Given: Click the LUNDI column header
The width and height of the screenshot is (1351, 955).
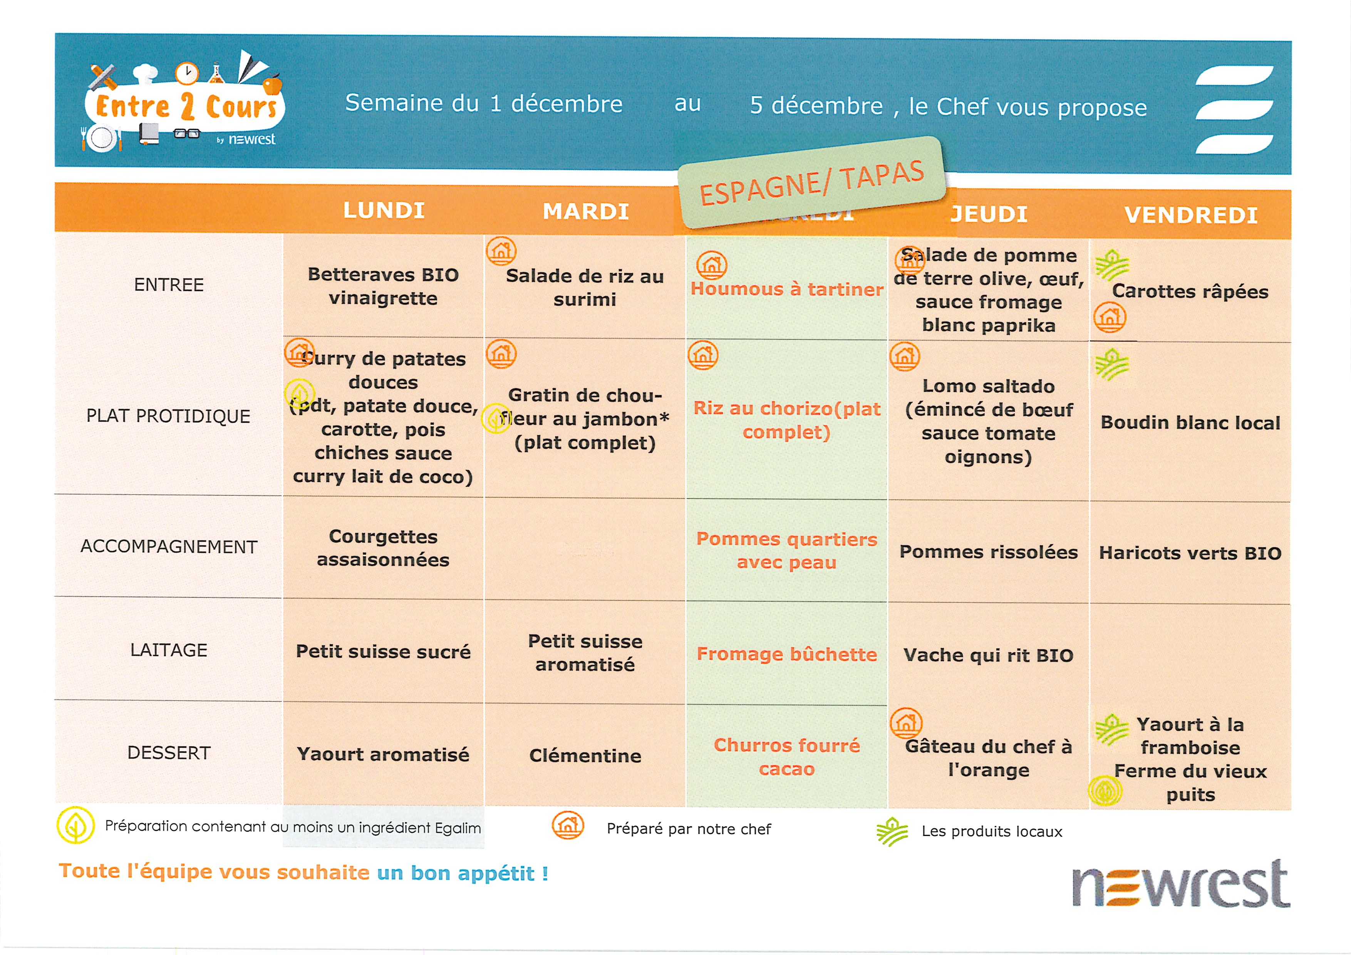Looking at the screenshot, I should coord(384,210).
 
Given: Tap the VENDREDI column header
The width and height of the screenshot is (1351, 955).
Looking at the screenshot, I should coord(1190,215).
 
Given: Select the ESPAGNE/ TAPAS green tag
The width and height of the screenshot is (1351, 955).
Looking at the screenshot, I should coord(811,183).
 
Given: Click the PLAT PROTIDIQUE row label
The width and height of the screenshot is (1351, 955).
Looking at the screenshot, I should coord(168,416).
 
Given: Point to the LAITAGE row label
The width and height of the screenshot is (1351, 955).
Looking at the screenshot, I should coord(168,650).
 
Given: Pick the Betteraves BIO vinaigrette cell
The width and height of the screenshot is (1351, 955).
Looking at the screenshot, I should coord(383,286).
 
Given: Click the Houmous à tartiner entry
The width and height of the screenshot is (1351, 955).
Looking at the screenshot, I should coord(787,289).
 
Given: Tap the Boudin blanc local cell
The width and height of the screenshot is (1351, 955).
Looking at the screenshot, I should coord(1190,422).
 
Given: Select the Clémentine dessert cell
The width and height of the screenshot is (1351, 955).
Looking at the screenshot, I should coord(585,756).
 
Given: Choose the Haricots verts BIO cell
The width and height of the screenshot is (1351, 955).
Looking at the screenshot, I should coord(1190,553).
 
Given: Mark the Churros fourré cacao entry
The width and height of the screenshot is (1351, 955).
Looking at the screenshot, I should coord(787,757).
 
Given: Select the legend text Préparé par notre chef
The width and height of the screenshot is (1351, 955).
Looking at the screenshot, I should coord(689,829).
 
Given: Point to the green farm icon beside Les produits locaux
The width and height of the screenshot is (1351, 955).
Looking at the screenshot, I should coord(892,831).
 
